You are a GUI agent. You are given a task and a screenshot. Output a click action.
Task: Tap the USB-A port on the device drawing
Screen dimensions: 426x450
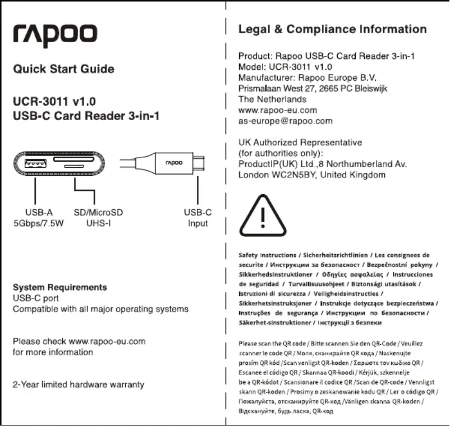tap(35, 164)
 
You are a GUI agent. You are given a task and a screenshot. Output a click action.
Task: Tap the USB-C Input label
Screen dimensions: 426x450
tap(198, 218)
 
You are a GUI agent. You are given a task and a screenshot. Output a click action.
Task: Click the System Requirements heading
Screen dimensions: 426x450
tap(59, 287)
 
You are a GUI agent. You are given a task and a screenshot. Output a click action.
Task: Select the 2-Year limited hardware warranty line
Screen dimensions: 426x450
tap(79, 385)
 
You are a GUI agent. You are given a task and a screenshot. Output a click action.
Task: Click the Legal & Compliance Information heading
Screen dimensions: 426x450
tap(332, 29)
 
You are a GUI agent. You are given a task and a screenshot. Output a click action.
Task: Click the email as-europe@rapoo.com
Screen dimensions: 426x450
tap(286, 121)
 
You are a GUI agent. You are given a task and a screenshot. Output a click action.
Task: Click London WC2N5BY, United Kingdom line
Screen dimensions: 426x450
tap(312, 175)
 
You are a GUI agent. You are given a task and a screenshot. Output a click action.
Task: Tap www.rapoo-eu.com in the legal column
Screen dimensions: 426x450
tap(278, 110)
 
